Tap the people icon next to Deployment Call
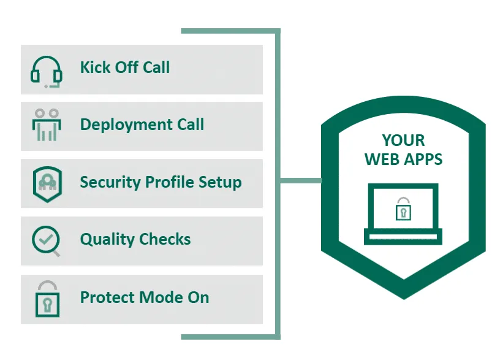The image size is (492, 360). [47, 125]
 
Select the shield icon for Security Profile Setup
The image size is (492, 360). [47, 183]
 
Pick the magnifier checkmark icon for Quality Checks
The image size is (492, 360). [47, 240]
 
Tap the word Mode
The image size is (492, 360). [158, 297]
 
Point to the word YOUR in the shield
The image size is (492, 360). [403, 140]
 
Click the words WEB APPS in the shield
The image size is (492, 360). [403, 159]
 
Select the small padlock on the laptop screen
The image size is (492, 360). [403, 209]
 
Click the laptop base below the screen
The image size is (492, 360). [403, 237]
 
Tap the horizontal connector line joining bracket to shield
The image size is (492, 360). [301, 180]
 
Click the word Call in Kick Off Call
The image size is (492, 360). [156, 67]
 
